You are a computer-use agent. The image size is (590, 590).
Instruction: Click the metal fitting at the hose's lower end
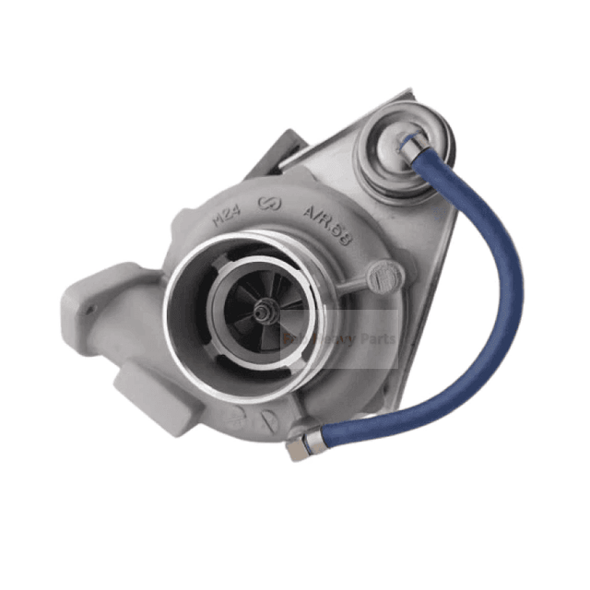[x=299, y=447]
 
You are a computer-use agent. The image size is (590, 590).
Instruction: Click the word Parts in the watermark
[x=377, y=339]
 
